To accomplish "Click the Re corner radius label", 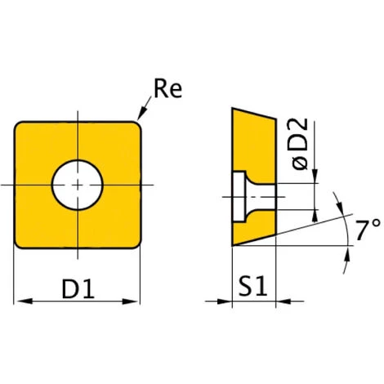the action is tap(168, 88).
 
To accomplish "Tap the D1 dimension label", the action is tap(78, 288).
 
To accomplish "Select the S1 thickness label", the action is tap(252, 286).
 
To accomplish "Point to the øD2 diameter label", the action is tap(300, 144).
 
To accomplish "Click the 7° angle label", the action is tap(368, 230).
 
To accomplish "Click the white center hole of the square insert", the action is tap(78, 185).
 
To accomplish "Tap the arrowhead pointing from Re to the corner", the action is tap(142, 114).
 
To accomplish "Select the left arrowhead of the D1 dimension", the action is tap(25, 301).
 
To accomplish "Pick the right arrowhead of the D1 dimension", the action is tap(130, 301).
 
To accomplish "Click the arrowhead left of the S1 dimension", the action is tap(225, 301).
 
